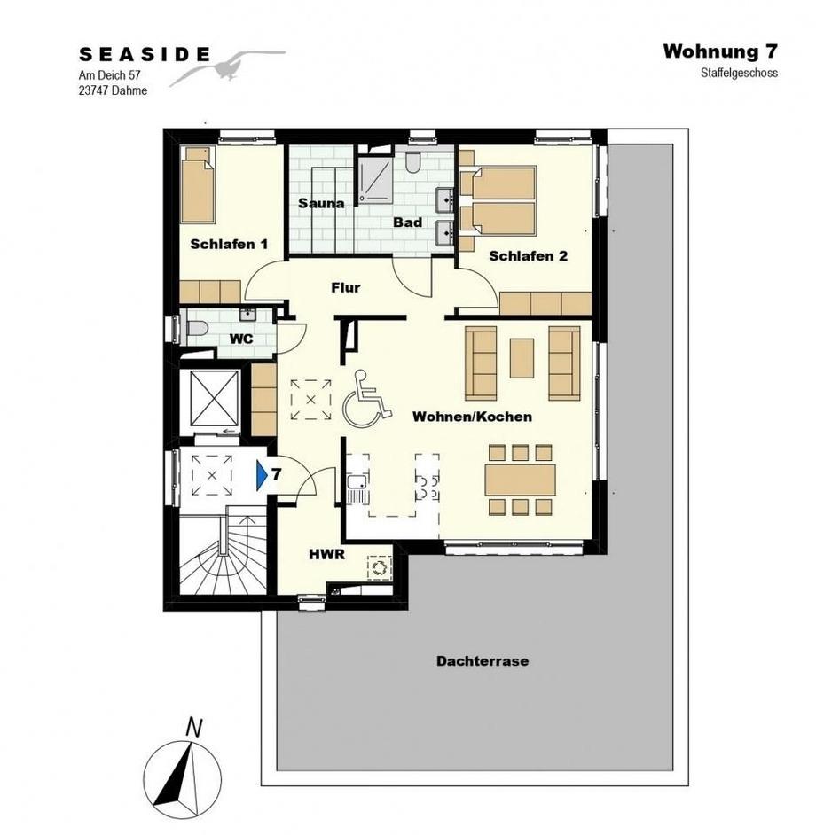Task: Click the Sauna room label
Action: pos(321,203)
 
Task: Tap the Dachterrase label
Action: pos(483,661)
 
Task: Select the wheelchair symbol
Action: pos(366,399)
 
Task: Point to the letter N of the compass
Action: pos(195,728)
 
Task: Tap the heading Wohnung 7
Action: pos(720,51)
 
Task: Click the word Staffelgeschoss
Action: pos(739,73)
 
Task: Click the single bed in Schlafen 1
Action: pos(197,184)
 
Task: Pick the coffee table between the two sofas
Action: pos(522,358)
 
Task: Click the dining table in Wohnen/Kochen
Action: pos(520,480)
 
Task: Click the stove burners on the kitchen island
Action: pos(427,488)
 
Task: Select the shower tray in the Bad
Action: pos(375,179)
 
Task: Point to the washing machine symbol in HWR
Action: pos(380,567)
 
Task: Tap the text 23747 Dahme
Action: pos(113,90)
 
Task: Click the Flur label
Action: pos(345,287)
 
